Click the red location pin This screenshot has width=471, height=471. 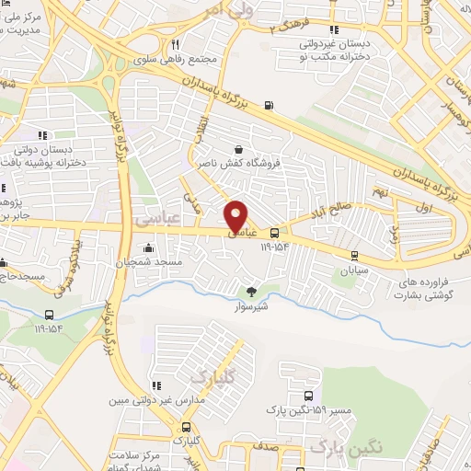point(236,215)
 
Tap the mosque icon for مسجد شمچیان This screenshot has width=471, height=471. point(149,247)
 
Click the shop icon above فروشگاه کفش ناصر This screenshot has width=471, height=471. point(239,149)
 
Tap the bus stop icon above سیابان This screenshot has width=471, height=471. point(355,257)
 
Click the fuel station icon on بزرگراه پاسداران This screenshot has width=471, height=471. point(268,104)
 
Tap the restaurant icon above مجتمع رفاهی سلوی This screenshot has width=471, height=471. point(174,43)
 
